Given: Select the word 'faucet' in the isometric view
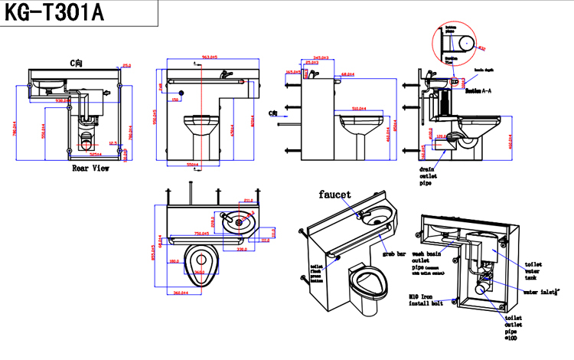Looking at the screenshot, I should [335, 195].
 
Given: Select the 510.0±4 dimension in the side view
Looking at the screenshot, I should [360, 110].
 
